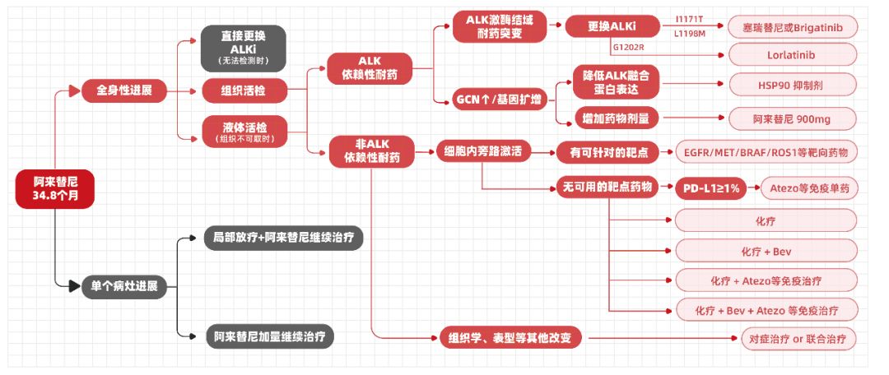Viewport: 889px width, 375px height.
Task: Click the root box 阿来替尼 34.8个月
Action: (54, 189)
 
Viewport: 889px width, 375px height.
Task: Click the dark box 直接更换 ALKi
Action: (244, 48)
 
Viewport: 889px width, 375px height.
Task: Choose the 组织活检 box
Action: (244, 89)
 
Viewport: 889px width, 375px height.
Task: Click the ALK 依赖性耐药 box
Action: (370, 68)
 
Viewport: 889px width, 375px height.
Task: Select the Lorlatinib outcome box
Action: (794, 54)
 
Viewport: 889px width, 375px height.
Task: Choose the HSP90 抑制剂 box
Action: (794, 85)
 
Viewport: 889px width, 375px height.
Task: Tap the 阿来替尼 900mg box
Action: (794, 119)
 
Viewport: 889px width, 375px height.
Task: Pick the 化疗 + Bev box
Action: (766, 251)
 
